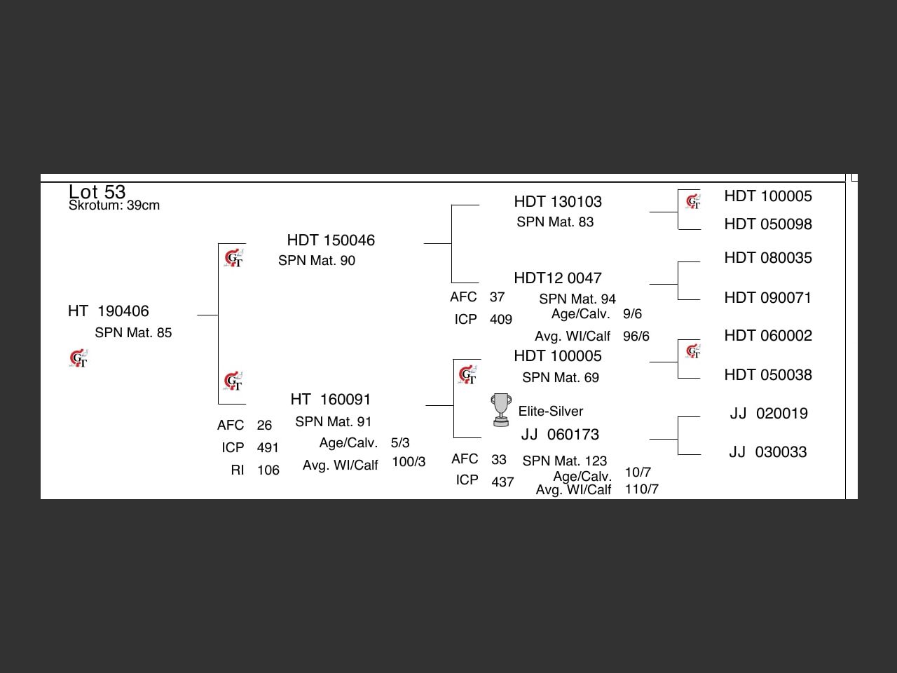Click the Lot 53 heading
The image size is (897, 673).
pyautogui.click(x=97, y=191)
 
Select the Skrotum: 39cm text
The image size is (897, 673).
pyautogui.click(x=114, y=205)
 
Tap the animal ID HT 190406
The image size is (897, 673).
pyautogui.click(x=109, y=311)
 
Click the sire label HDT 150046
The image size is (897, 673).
pyautogui.click(x=331, y=240)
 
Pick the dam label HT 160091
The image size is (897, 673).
pyautogui.click(x=331, y=400)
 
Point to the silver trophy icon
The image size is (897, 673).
pyautogui.click(x=500, y=410)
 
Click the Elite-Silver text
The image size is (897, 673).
pyautogui.click(x=551, y=412)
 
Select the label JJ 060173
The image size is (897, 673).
pyautogui.click(x=560, y=435)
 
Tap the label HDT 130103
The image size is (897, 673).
pyautogui.click(x=558, y=202)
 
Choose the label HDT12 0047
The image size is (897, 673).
pyautogui.click(x=558, y=278)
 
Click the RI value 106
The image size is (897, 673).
pyautogui.click(x=268, y=470)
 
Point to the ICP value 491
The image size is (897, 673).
pyautogui.click(x=268, y=448)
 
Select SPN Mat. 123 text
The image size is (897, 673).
pyautogui.click(x=565, y=461)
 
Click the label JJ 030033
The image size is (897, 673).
pyautogui.click(x=768, y=452)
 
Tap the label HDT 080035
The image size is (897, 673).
pyautogui.click(x=768, y=258)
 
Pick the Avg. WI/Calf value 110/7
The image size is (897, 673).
pyautogui.click(x=642, y=489)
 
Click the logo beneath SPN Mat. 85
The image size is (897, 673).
pyautogui.click(x=79, y=359)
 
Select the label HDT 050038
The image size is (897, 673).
pyautogui.click(x=768, y=375)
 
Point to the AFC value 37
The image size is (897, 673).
pyautogui.click(x=497, y=297)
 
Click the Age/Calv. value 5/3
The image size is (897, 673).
pyautogui.click(x=400, y=443)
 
